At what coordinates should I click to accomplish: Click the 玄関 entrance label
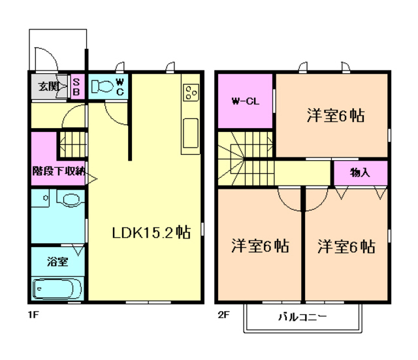[x=48, y=86]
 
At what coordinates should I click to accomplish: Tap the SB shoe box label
[x=76, y=86]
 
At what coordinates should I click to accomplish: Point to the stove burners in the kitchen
[x=191, y=93]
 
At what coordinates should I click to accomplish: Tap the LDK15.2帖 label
[x=151, y=233]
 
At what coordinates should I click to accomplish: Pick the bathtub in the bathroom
[x=57, y=288]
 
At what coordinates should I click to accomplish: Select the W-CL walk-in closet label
[x=244, y=102]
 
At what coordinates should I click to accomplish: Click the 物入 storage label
[x=360, y=172]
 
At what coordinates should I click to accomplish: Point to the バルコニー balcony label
[x=302, y=318]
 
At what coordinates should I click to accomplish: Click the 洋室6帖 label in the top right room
[x=335, y=116]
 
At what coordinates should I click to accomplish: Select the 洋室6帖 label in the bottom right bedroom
[x=346, y=246]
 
